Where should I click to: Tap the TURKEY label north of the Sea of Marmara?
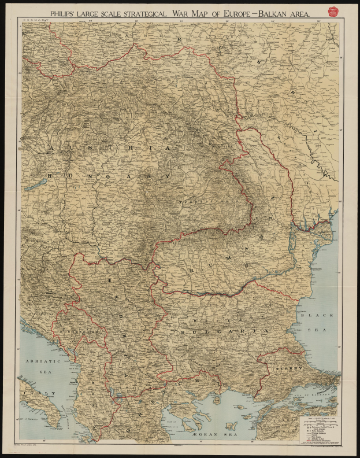click(x=285, y=368)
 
